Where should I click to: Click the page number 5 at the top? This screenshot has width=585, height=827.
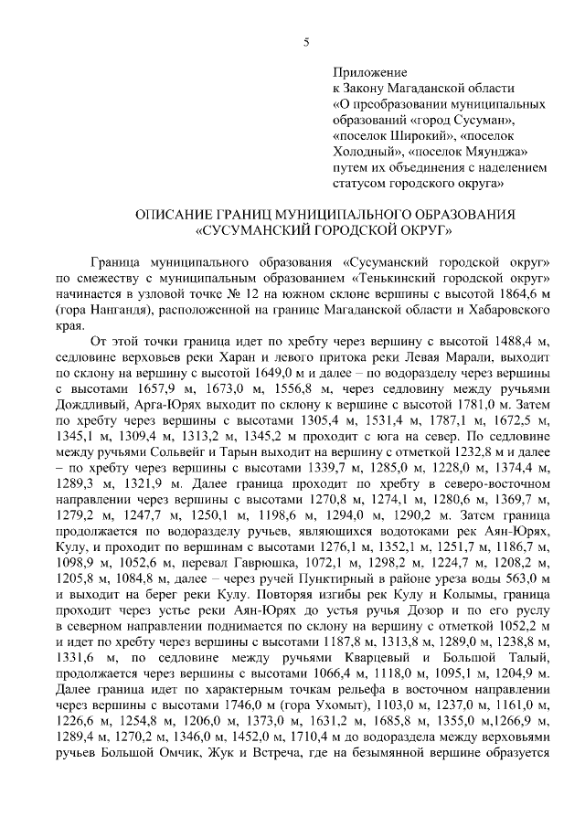[306, 41]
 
